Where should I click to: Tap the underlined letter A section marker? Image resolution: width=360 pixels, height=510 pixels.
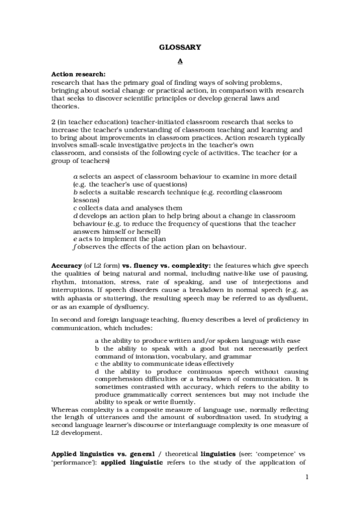(x=180, y=61)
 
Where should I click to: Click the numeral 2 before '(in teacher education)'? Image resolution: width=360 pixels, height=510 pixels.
(x=53, y=121)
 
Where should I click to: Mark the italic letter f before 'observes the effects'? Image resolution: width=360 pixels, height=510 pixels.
(x=73, y=247)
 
